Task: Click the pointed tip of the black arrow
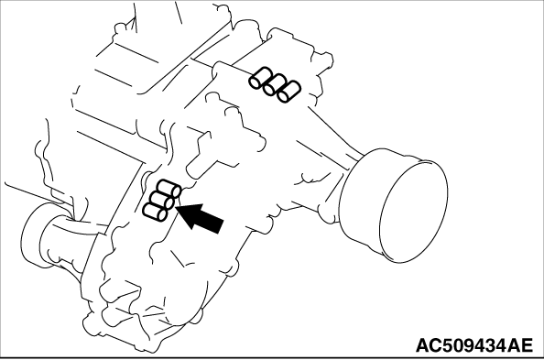pos(177,207)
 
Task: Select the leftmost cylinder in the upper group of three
pos(259,78)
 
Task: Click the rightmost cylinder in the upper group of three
pos(288,92)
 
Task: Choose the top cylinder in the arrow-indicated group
pos(169,189)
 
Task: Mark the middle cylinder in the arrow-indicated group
pos(162,200)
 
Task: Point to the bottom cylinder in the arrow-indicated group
pos(155,212)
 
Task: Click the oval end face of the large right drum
pos(413,211)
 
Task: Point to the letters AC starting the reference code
pos(427,345)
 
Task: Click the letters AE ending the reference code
pos(521,345)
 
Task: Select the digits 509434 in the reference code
pos(473,345)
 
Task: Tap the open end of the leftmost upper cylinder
pos(255,82)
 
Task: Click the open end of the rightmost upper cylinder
pos(284,97)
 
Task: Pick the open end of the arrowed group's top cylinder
pos(176,191)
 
